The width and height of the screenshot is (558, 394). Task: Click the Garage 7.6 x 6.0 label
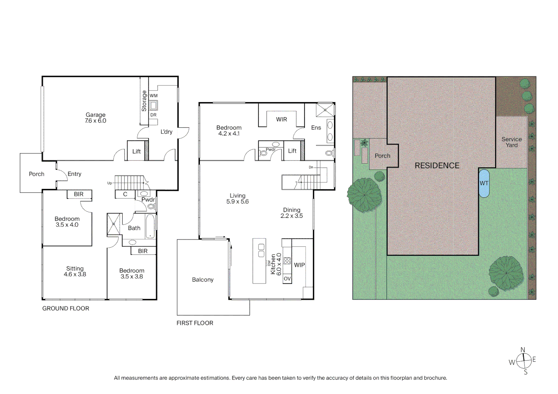pos(95,118)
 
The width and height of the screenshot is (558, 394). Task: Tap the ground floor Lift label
pos(137,151)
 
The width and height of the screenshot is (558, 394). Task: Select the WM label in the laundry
pos(153,96)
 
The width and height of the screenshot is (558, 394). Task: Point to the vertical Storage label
pos(144,101)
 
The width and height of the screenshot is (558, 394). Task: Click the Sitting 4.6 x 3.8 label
pos(75,271)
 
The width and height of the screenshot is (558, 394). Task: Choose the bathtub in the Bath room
pos(150,226)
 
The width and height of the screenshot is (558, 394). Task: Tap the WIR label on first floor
pos(282,119)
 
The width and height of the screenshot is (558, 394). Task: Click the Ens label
pos(316,128)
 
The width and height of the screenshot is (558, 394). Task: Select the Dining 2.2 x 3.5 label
pos(291,213)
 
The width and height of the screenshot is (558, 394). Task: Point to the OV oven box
pos(287,278)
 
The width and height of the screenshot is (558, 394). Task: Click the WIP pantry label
pos(299,265)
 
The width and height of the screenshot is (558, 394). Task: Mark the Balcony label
pos(203,280)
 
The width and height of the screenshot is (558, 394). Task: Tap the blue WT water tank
pos(484,184)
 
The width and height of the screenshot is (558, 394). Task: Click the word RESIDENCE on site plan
pos(437,166)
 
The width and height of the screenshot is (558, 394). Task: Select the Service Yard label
pos(511,142)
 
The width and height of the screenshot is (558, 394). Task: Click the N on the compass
pos(523,350)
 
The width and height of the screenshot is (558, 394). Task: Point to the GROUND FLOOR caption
pos(65,308)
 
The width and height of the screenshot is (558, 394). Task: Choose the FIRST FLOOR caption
pos(195,323)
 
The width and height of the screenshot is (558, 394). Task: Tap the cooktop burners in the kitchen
pos(287,260)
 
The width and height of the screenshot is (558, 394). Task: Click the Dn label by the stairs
pos(311,167)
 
